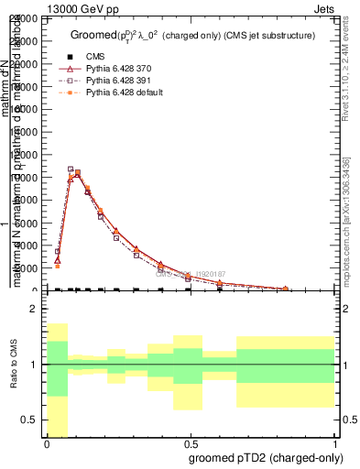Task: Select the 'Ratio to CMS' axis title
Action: [13, 366]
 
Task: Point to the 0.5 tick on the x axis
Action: [190, 443]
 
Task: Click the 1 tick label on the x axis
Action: [333, 443]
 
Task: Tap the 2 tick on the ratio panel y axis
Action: [34, 310]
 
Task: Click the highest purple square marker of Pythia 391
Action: [71, 169]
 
